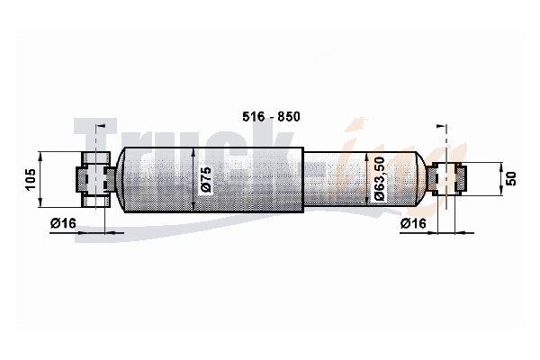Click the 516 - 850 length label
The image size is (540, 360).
click(x=271, y=117)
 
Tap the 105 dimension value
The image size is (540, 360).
click(x=31, y=179)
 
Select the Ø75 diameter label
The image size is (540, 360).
click(x=206, y=180)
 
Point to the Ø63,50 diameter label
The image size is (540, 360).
click(x=379, y=179)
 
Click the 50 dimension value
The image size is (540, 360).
click(x=512, y=179)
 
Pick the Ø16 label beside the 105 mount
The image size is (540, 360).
click(x=63, y=223)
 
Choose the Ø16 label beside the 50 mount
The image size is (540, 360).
click(x=413, y=223)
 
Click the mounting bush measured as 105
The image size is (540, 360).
click(x=96, y=179)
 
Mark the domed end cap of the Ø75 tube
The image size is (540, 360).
click(x=121, y=179)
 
